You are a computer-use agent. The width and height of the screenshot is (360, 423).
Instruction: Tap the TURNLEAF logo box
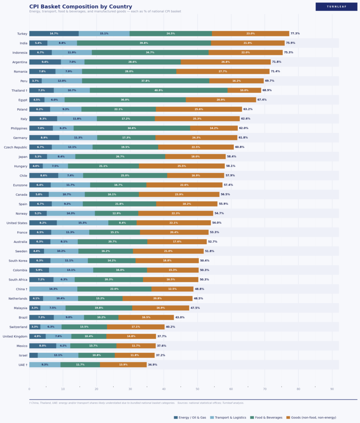[x=336, y=7]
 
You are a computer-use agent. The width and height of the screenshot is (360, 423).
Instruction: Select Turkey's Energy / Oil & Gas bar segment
[x=54, y=33]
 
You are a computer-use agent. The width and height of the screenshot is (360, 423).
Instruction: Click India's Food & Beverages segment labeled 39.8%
[x=144, y=43]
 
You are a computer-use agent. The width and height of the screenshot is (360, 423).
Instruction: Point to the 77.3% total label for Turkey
[x=295, y=33]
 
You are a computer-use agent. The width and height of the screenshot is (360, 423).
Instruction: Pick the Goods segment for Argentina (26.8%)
[x=226, y=62]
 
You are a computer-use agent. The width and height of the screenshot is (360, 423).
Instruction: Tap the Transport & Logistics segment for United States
[x=83, y=223]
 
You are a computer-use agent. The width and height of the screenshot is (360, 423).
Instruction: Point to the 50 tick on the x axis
[x=198, y=389]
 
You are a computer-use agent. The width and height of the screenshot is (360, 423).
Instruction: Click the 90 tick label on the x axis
[x=332, y=389]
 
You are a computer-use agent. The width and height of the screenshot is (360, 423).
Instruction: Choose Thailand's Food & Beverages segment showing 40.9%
[x=158, y=90]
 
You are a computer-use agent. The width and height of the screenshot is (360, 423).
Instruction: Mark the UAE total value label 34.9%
[x=153, y=365]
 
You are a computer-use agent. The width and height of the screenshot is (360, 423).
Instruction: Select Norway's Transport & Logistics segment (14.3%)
[x=71, y=213]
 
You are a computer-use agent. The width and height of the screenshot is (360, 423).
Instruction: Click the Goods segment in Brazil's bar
[x=146, y=317]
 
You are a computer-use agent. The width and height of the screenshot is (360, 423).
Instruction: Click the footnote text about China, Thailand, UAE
[x=136, y=403]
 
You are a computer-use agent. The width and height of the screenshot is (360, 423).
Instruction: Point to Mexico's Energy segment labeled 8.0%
[x=43, y=346]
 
